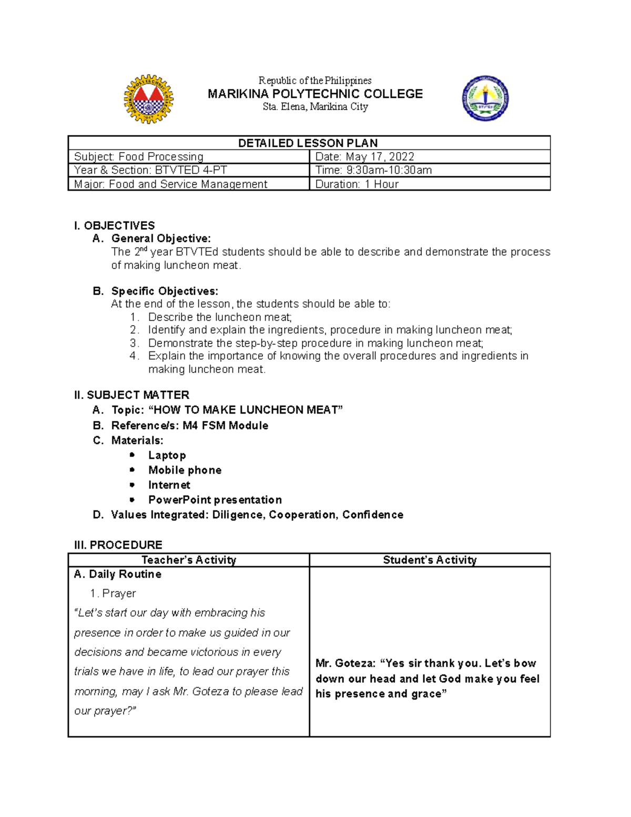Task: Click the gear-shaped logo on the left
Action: tap(148, 99)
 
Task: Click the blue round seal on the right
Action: tap(485, 99)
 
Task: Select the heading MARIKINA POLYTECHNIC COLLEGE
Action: tap(315, 94)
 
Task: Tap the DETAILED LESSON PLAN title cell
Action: tap(308, 143)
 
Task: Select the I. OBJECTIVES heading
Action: tap(115, 226)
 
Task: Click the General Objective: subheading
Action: tap(161, 239)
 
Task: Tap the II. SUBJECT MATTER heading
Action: tap(131, 395)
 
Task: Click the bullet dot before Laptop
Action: tap(133, 455)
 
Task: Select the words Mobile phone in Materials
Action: tap(185, 470)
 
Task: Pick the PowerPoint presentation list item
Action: tap(215, 500)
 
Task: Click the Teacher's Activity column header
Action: tap(189, 560)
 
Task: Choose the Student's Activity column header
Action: tap(430, 560)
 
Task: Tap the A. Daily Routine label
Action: tap(118, 574)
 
